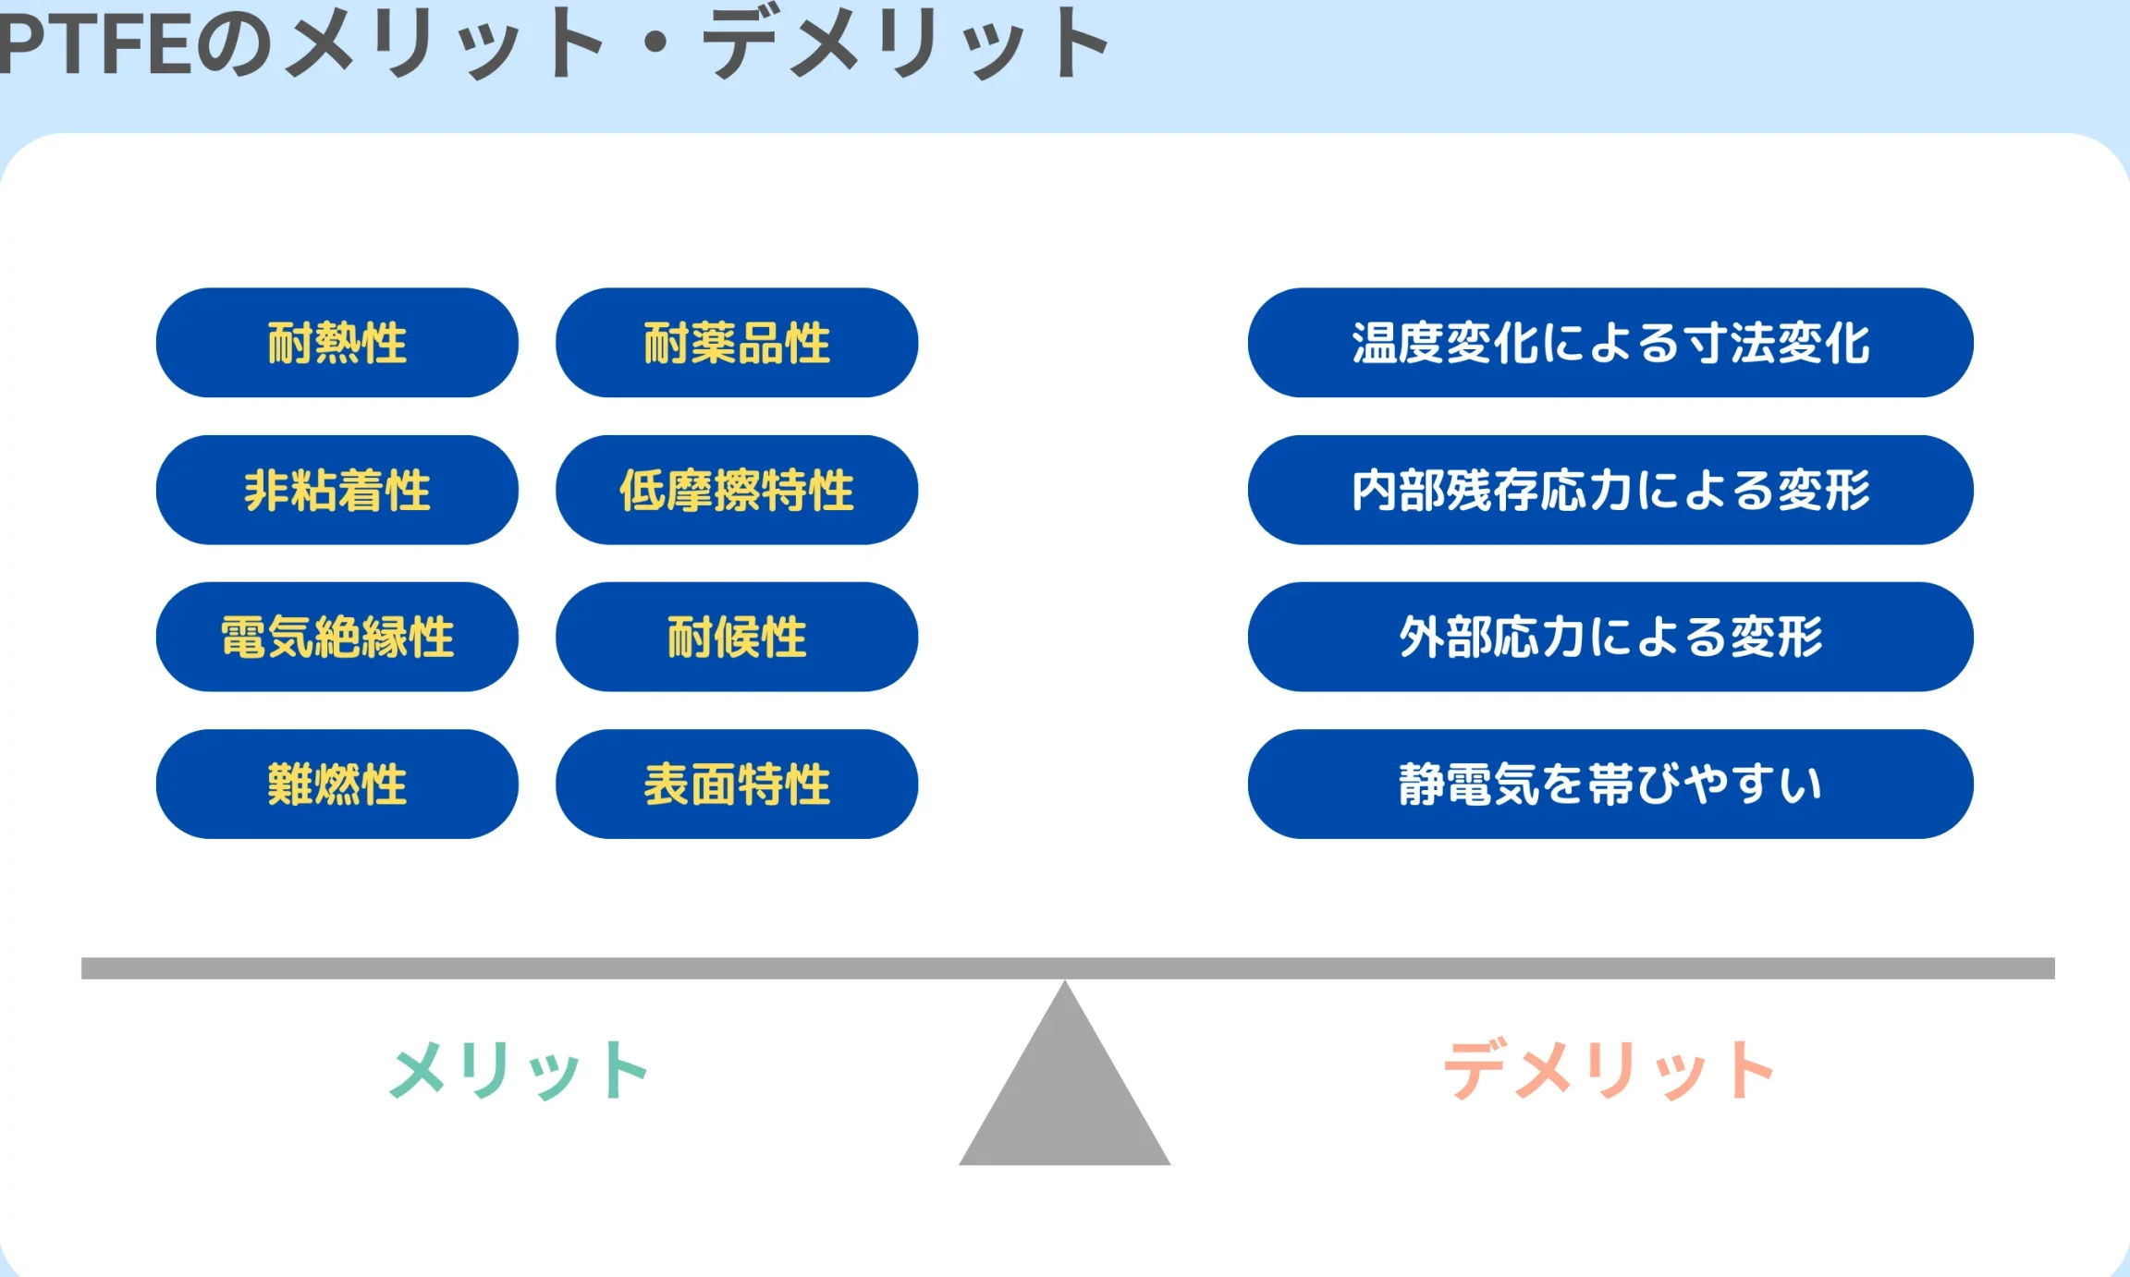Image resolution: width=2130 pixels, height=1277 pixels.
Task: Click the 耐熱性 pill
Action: tap(337, 343)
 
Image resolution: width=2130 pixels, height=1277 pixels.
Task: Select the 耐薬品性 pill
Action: tap(737, 343)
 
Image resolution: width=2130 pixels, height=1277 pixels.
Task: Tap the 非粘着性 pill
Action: tap(337, 490)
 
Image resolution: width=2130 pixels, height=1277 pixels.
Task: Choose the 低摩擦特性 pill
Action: tap(737, 490)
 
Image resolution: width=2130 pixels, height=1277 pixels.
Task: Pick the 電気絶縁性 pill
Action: tap(337, 637)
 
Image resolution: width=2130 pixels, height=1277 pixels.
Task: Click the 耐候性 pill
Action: tap(737, 637)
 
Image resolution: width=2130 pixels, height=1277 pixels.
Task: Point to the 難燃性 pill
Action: tap(337, 784)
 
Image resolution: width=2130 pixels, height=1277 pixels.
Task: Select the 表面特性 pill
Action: tap(737, 784)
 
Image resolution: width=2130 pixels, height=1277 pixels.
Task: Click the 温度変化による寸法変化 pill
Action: tap(1610, 343)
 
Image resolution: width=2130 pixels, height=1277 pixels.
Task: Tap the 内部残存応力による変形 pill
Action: tap(1610, 490)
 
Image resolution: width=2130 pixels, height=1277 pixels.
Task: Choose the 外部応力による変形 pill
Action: tap(1610, 637)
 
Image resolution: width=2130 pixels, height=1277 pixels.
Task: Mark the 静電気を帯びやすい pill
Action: tap(1610, 784)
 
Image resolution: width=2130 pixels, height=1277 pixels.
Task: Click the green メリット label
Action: tap(520, 1069)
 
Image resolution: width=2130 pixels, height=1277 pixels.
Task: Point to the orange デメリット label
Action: tap(1609, 1069)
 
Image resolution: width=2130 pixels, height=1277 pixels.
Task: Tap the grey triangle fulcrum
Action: tap(1065, 1090)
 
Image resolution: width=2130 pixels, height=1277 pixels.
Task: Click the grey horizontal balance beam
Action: tap(1068, 968)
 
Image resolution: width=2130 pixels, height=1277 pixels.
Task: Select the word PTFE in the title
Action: tap(92, 44)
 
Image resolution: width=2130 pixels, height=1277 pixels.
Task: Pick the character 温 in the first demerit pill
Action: tap(1375, 343)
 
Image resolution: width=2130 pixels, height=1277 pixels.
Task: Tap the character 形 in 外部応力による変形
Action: tap(1800, 637)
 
